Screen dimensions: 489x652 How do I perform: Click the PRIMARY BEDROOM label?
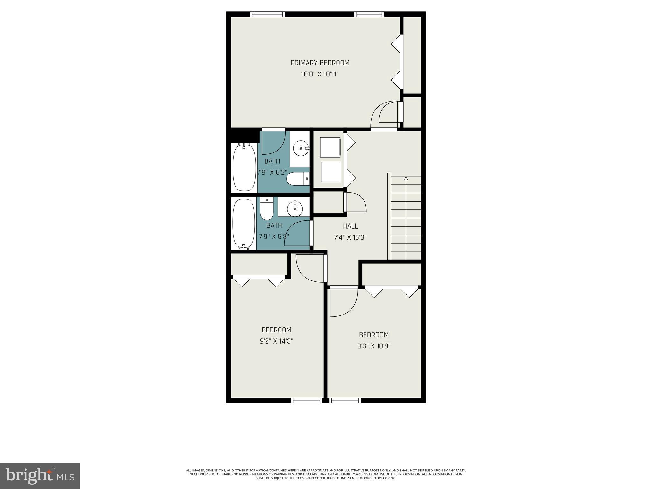[x=320, y=63]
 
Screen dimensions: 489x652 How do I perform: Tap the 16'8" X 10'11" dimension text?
[x=320, y=74]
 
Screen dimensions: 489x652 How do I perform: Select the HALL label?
[x=350, y=226]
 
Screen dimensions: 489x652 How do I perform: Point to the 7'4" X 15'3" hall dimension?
[x=350, y=237]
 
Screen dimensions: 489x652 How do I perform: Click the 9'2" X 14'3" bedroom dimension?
[x=276, y=341]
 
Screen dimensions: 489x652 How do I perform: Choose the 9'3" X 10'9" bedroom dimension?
[x=374, y=346]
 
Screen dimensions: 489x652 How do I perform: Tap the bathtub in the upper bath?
[x=244, y=168]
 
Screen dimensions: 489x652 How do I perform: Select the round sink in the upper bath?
[x=300, y=148]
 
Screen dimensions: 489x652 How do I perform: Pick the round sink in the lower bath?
[x=295, y=209]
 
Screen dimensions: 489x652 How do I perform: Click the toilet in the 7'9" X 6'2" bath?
[x=297, y=179]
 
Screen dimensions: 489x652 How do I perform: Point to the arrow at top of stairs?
[x=406, y=178]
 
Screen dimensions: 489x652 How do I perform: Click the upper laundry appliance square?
[x=330, y=147]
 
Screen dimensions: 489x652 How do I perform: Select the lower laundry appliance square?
[x=331, y=172]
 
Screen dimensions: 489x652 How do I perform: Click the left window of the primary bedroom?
[x=267, y=14]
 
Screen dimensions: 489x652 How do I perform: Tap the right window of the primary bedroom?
[x=369, y=14]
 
